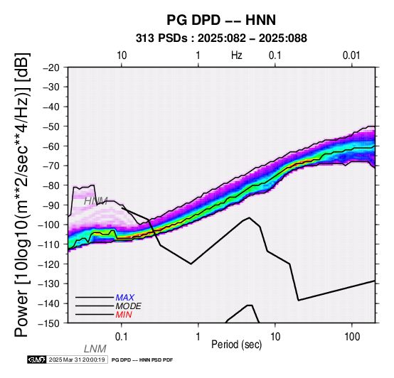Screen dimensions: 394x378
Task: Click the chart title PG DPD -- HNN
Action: coord(221,20)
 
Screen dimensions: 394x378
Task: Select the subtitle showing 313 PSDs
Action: coord(221,38)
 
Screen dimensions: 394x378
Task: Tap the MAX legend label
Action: coord(125,298)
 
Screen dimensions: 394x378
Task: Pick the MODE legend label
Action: coord(129,306)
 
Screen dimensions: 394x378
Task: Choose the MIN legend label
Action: coord(124,315)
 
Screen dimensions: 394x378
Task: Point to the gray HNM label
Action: coord(96,201)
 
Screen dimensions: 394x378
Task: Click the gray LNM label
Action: coord(95,349)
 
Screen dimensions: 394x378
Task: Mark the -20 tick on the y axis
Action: coord(51,67)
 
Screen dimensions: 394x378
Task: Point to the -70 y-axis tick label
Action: coord(51,166)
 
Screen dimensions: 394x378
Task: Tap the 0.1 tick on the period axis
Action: coord(122,337)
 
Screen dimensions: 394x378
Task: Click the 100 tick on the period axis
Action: coord(352,337)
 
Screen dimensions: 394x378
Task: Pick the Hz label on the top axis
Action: coord(236,55)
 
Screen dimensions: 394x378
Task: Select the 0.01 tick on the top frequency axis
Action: coord(351,55)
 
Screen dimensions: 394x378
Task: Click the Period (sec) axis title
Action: coord(237,345)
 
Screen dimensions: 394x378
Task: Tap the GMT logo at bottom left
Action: coord(37,360)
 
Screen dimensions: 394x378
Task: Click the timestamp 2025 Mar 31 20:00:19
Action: coord(77,360)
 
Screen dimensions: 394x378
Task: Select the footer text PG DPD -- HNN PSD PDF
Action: coord(142,360)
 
